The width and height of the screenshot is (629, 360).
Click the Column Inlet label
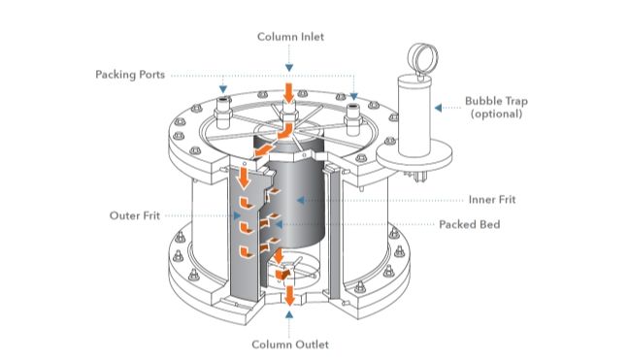point(290,37)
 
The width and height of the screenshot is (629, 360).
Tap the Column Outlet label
point(290,344)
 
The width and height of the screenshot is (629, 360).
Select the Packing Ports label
point(130,75)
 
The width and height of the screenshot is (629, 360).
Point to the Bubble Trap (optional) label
point(496,107)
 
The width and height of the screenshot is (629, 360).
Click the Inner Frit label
point(492,199)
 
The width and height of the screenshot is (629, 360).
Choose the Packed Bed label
point(470,224)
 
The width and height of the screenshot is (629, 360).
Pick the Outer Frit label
point(134,215)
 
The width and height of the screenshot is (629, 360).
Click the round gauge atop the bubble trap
point(422,57)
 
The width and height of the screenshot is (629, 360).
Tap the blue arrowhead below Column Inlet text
point(289,68)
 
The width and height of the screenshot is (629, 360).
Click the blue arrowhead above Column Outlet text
point(289,314)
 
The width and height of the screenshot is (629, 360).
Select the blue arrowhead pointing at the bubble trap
point(439,108)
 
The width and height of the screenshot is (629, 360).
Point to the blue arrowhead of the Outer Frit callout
point(238,215)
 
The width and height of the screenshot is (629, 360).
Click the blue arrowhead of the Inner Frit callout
point(300,200)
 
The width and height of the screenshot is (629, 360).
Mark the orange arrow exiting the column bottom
point(289,295)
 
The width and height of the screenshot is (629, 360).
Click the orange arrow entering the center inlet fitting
point(288,93)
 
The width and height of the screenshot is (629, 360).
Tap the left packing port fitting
point(223,113)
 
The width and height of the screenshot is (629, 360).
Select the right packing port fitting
point(353,119)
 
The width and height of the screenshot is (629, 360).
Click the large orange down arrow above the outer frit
point(243,179)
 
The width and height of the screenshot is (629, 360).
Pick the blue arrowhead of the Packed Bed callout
point(278,224)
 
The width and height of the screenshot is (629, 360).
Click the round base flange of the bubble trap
point(414,156)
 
